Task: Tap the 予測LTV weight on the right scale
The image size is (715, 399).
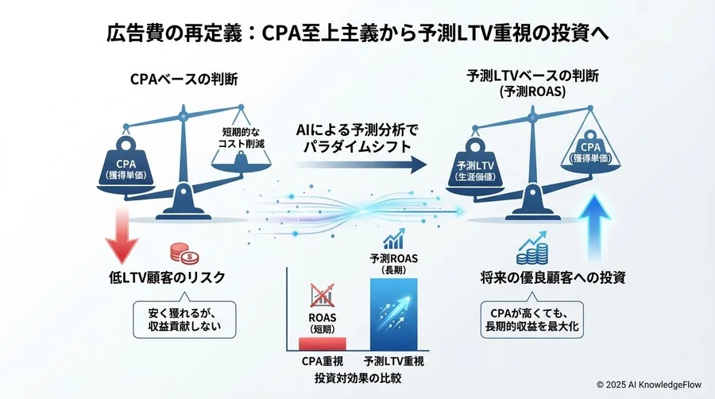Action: tap(474, 167)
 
